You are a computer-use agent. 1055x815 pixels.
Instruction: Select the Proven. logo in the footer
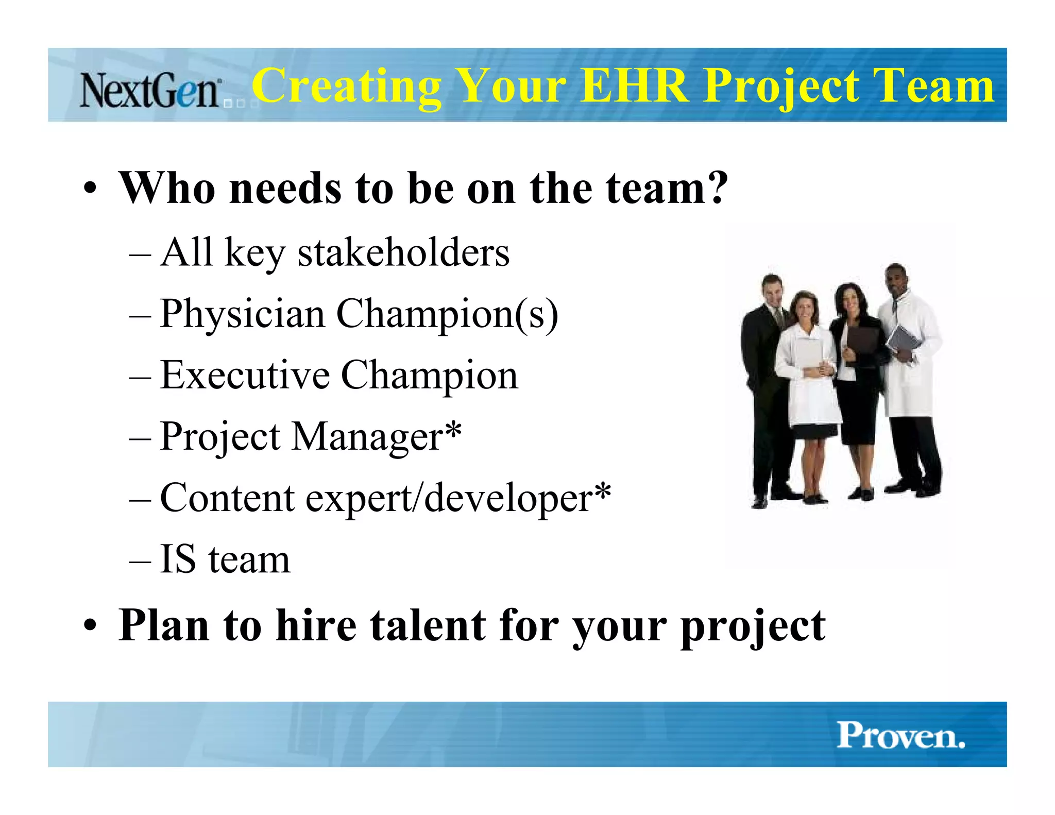900,735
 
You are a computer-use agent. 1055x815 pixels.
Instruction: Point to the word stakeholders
403,252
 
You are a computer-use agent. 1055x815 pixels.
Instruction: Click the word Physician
242,314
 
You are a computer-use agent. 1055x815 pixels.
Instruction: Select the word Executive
245,375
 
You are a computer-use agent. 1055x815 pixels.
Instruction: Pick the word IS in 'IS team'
178,559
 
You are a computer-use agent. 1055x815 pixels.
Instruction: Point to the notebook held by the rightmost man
901,340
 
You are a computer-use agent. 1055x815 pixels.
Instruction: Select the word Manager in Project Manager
367,437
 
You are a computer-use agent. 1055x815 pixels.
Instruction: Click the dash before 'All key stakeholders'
140,253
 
